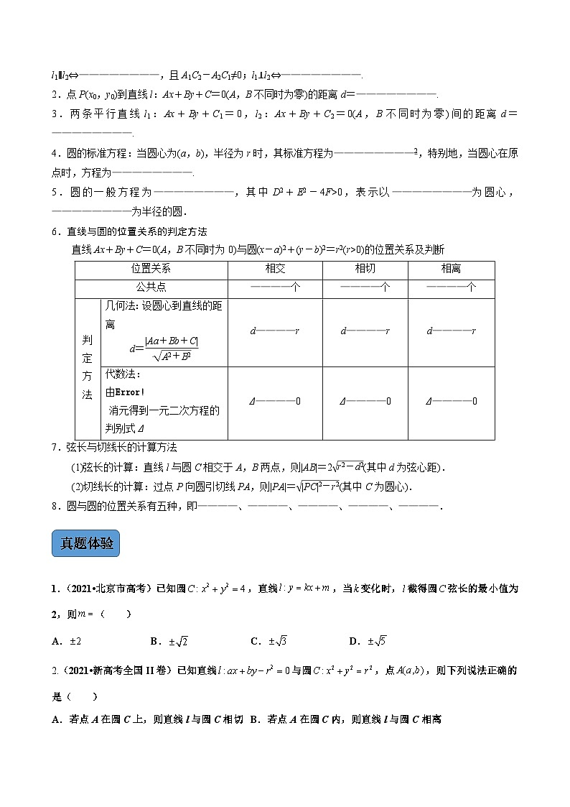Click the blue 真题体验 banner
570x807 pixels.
click(x=85, y=543)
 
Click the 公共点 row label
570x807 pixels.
click(x=151, y=287)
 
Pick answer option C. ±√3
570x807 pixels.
click(x=268, y=641)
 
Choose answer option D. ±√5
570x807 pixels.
click(x=367, y=641)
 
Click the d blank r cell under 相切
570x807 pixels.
click(x=365, y=331)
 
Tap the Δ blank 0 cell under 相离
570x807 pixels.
click(x=451, y=401)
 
